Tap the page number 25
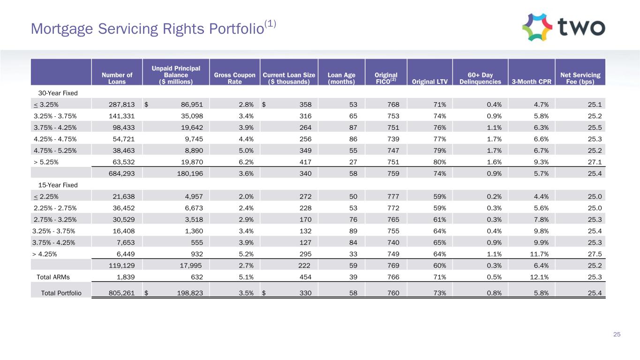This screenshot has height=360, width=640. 617,334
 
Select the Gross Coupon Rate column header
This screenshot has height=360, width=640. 234,78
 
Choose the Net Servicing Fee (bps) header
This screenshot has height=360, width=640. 580,78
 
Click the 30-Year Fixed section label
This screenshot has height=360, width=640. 55,93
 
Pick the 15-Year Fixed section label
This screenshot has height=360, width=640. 55,185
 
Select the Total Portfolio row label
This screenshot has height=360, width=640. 61,293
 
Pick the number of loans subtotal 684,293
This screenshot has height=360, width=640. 117,174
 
